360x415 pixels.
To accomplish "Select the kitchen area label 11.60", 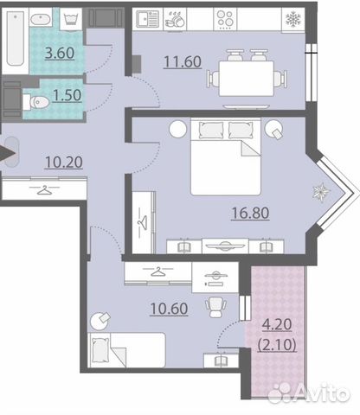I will click(x=183, y=61).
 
